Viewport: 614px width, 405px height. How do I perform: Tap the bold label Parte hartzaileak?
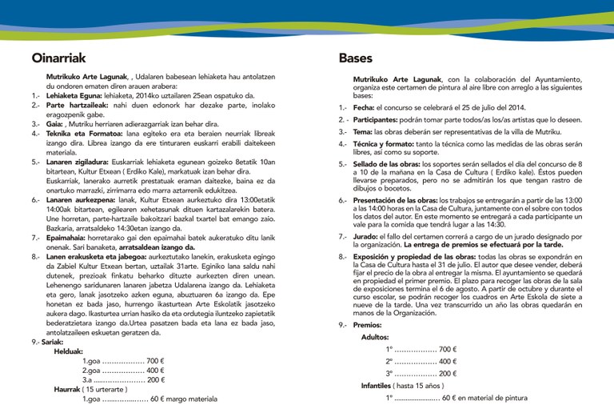tap(77, 105)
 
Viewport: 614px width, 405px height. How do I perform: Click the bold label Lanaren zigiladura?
tap(84, 162)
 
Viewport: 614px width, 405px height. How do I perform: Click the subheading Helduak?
tap(69, 351)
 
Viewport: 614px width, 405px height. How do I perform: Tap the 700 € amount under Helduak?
tap(156, 361)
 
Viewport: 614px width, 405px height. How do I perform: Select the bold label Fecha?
tap(364, 107)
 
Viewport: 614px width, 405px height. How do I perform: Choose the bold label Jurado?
tap(365, 238)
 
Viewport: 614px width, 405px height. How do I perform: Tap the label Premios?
tap(368, 325)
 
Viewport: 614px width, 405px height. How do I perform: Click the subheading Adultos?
tap(375, 337)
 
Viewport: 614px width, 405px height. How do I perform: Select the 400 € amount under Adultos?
tap(448, 362)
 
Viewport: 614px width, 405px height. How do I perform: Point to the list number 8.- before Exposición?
tap(343, 257)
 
